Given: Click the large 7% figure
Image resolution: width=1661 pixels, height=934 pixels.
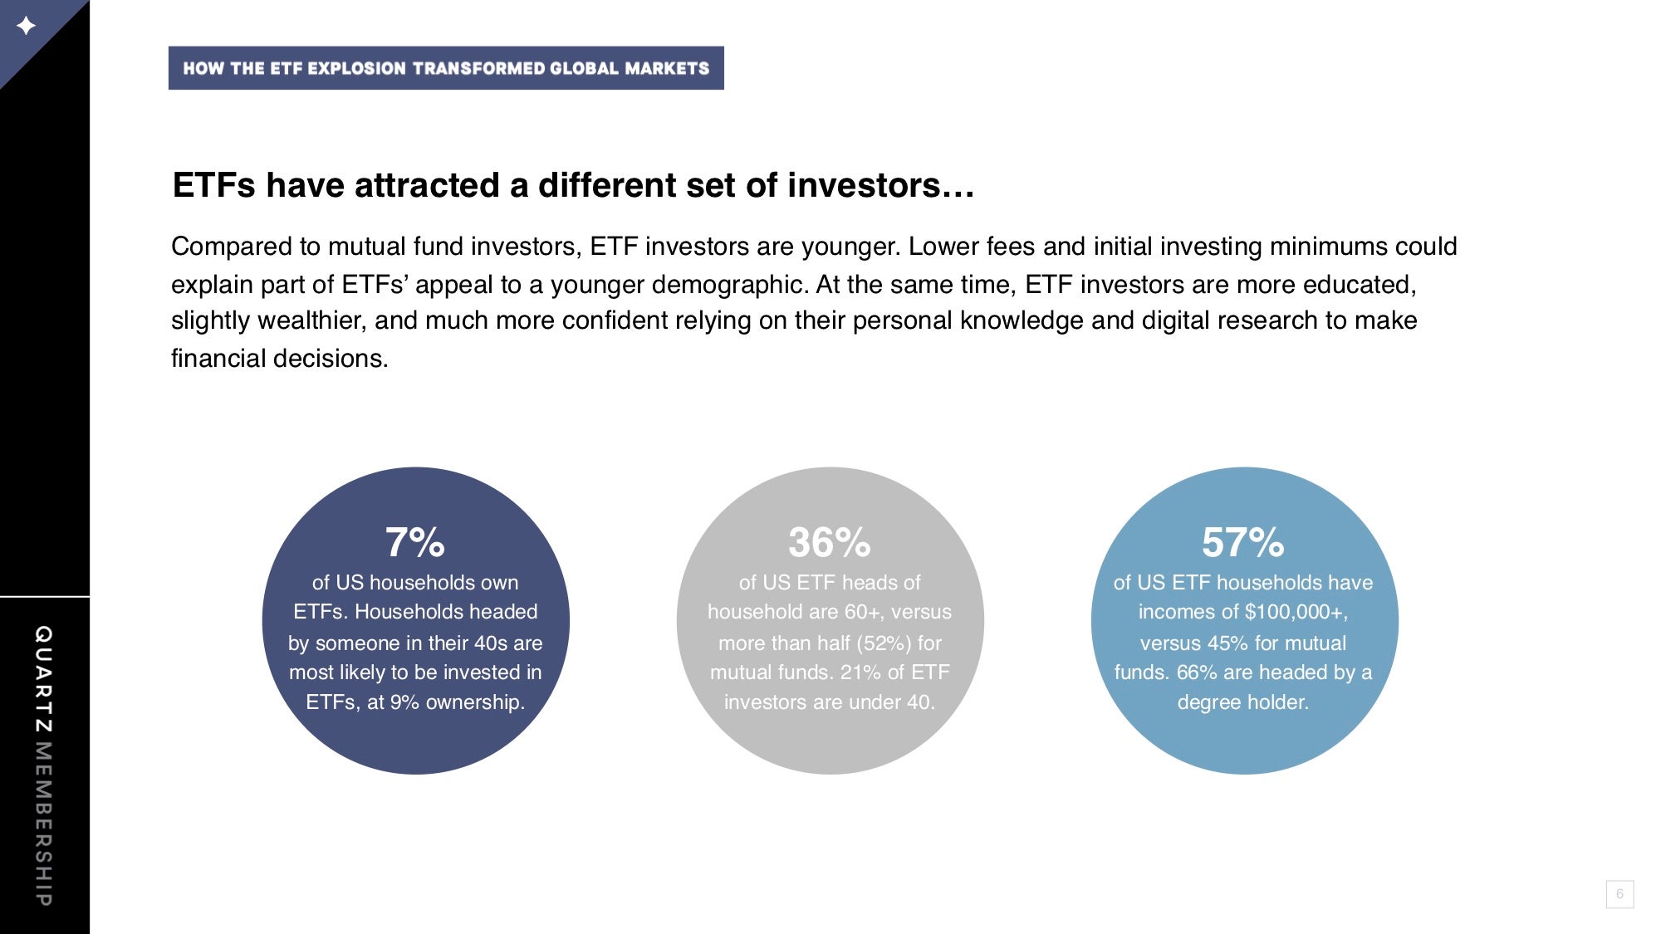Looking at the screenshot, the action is tap(415, 543).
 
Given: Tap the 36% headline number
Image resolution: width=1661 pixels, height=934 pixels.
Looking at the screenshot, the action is tap(830, 543).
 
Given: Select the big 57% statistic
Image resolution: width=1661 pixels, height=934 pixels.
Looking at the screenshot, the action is tap(1243, 543).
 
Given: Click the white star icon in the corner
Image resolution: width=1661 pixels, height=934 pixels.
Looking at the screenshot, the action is tap(26, 26).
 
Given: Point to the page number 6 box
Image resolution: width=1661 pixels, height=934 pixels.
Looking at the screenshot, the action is tap(1619, 894).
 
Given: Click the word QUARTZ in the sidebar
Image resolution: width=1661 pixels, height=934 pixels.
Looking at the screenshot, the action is tap(43, 679).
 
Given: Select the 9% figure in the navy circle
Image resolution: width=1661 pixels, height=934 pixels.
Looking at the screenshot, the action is tap(404, 702).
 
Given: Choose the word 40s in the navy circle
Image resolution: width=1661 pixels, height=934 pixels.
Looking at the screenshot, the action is tap(490, 643).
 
